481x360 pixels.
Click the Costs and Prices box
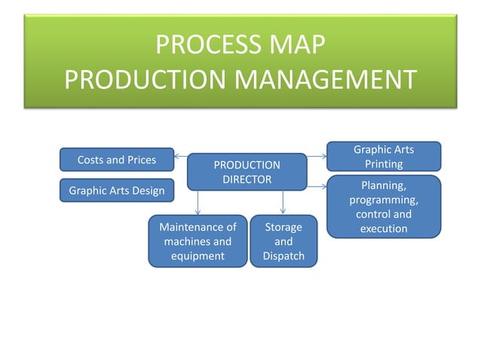point(117,160)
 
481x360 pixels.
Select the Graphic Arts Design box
point(117,191)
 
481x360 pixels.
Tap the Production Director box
point(247,172)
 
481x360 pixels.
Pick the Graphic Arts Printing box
point(384,157)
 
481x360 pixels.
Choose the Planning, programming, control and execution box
point(384,207)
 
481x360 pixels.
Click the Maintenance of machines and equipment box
point(198,241)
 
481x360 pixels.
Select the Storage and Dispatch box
point(283,241)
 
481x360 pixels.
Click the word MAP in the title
point(297,47)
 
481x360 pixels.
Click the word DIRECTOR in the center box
point(247,179)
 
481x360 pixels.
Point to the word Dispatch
point(283,256)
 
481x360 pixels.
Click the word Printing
point(384,163)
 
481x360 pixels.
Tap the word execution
point(384,228)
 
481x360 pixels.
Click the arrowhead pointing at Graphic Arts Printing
point(323,157)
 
